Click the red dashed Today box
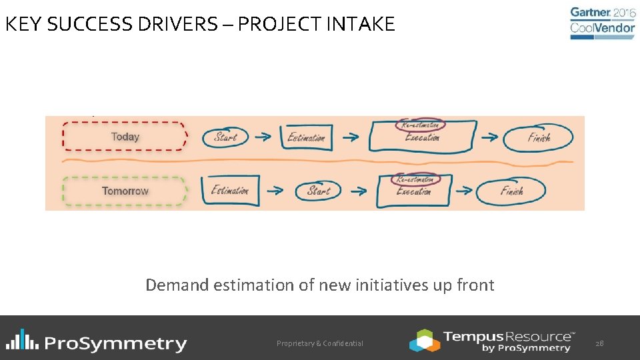tap(125, 137)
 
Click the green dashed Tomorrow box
tap(125, 191)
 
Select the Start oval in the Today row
tap(225, 137)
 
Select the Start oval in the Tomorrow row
tap(319, 191)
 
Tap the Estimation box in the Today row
tap(306, 137)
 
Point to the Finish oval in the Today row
tap(539, 138)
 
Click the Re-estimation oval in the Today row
tap(420, 124)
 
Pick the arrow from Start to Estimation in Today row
tap(263, 137)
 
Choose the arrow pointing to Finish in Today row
tap(489, 137)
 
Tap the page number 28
tap(599, 343)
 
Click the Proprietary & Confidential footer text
tap(320, 343)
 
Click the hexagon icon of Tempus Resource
tap(425, 340)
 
